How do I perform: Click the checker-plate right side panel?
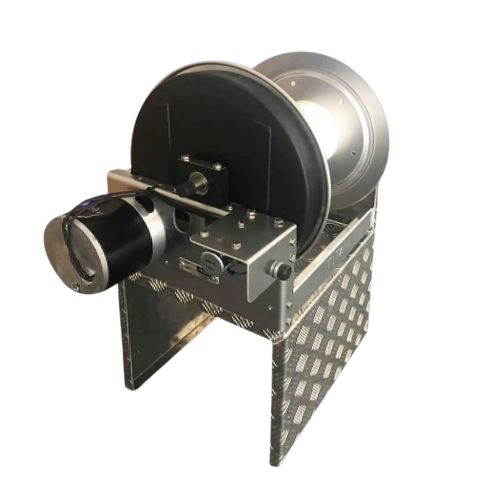tap(323, 359)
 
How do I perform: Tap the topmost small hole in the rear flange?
tap(293, 83)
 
